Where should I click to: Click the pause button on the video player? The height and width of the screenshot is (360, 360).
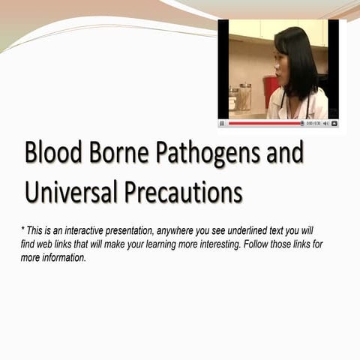click(x=222, y=123)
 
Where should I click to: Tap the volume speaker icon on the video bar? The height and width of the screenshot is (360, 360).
click(x=326, y=123)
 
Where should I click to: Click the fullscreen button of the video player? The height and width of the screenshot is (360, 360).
click(x=334, y=123)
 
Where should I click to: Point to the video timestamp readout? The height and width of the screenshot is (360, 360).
click(x=313, y=123)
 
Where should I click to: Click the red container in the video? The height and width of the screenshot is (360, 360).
click(x=269, y=91)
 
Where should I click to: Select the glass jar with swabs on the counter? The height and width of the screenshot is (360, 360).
click(x=244, y=97)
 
